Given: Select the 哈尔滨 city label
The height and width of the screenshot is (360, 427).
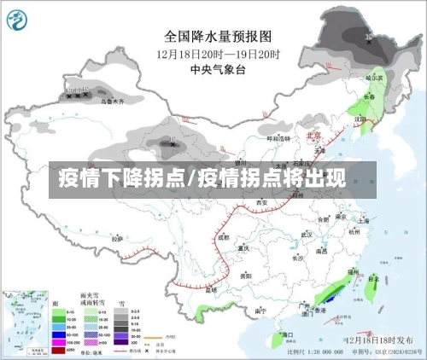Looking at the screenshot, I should click(x=375, y=78).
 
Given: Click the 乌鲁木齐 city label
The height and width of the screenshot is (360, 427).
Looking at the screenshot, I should click(x=112, y=102).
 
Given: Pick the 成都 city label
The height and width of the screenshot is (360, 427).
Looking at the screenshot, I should click(x=223, y=237).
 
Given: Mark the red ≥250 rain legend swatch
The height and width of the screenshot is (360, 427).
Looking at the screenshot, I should click(x=59, y=350).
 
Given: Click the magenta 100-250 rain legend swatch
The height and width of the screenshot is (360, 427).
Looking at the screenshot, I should click(x=59, y=342).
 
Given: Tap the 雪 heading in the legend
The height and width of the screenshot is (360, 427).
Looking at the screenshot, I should click(x=122, y=303).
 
